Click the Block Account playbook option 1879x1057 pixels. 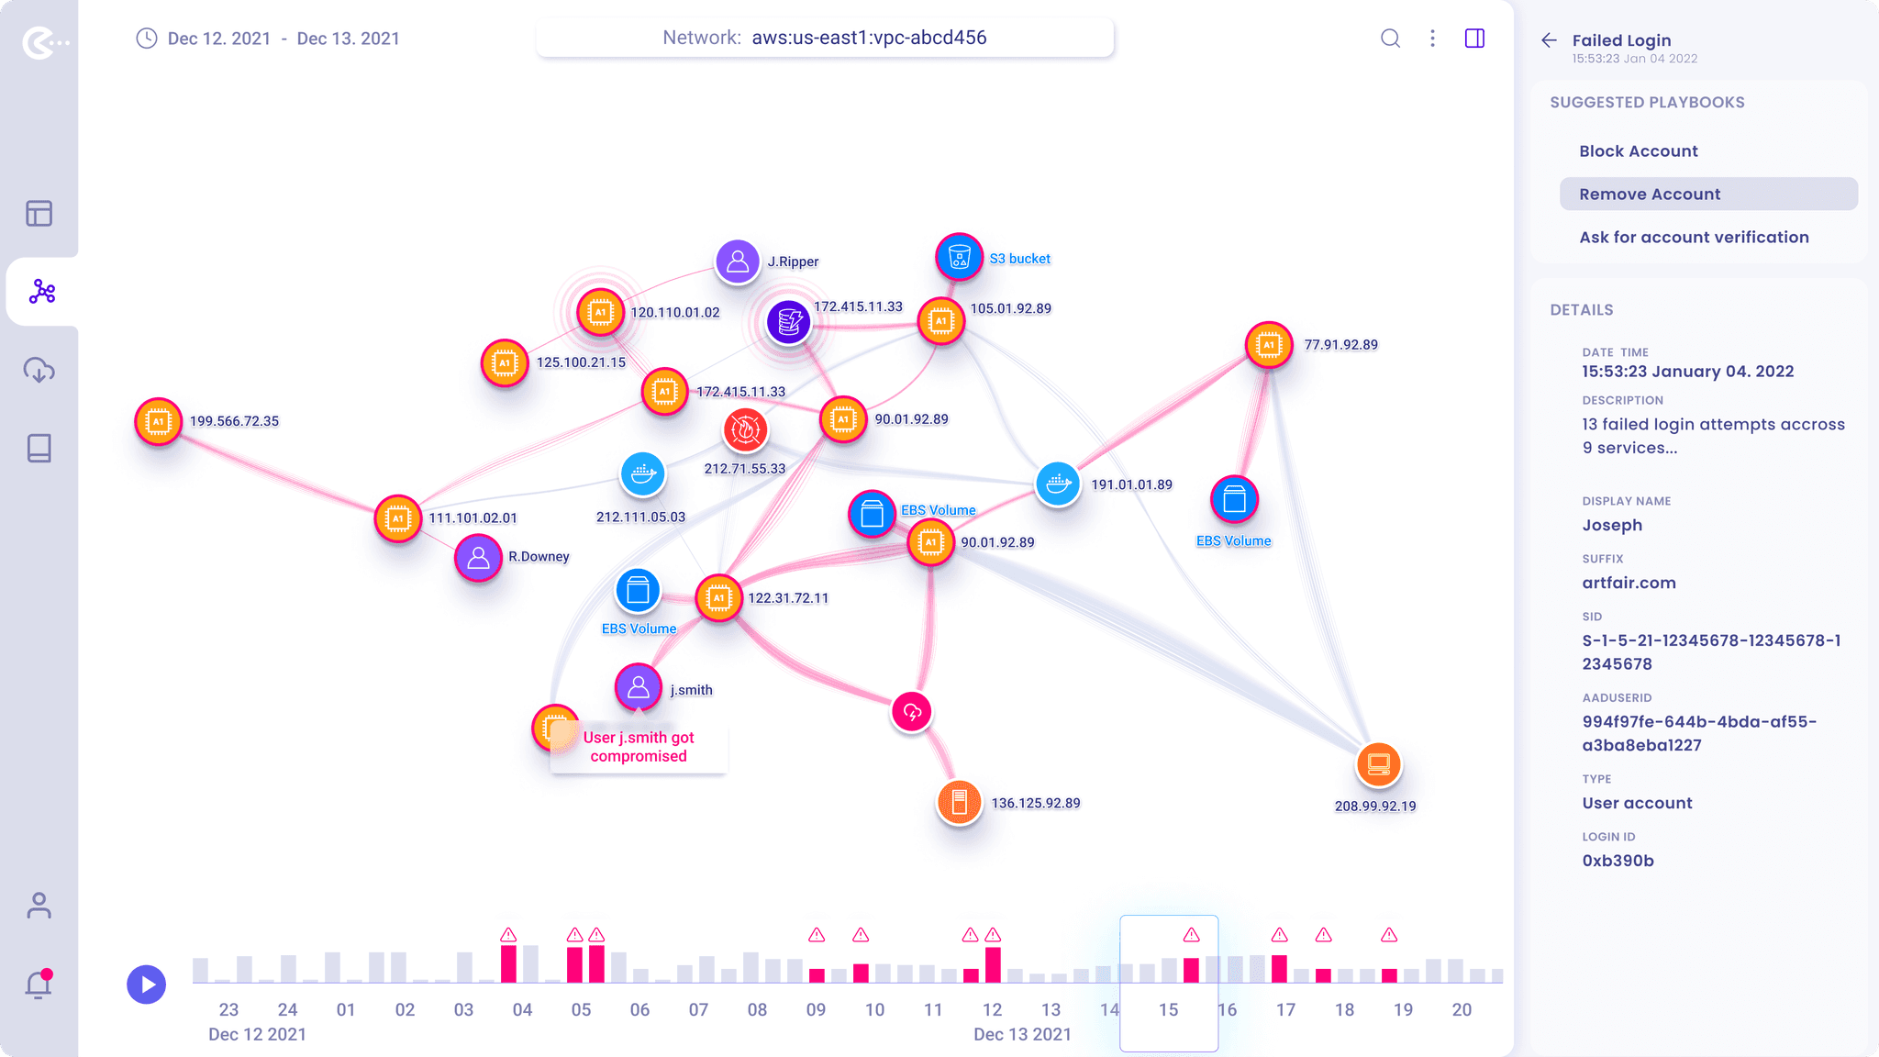[x=1638, y=151]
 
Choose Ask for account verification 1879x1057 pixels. [x=1694, y=237]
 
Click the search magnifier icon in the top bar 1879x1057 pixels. [x=1391, y=39]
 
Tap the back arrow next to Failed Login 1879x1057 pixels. [x=1550, y=40]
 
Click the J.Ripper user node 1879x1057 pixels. [x=738, y=262]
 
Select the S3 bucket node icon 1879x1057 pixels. [x=959, y=257]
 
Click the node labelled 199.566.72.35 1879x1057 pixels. [x=159, y=422]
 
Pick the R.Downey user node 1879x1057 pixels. [x=478, y=558]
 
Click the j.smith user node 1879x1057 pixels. [x=639, y=687]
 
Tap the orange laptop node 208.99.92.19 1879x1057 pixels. [x=1378, y=764]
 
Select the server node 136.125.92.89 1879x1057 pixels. [x=960, y=803]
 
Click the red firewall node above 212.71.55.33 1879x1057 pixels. [x=745, y=429]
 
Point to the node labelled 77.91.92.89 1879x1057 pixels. [x=1269, y=345]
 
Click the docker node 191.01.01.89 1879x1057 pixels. [x=1058, y=483]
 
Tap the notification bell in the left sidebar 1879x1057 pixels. [x=39, y=984]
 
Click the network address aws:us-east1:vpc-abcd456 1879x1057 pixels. [x=869, y=38]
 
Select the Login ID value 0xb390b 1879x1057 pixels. [x=1618, y=861]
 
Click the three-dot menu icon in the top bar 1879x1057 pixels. [x=1432, y=39]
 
